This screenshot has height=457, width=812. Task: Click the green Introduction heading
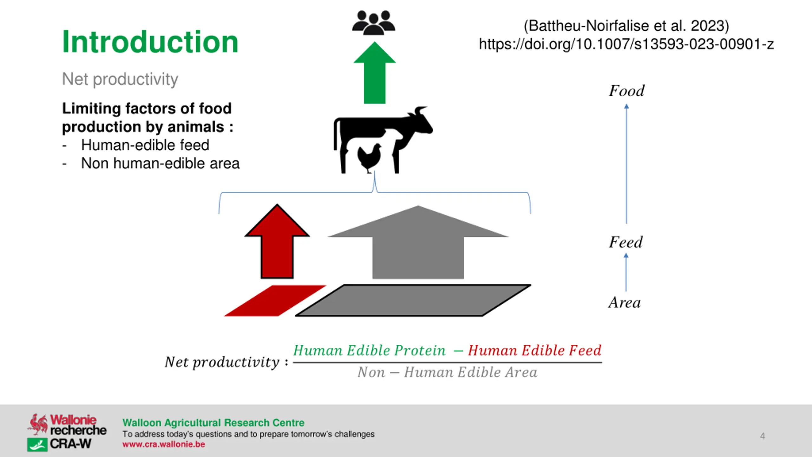(x=150, y=42)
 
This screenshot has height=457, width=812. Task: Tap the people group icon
(x=374, y=23)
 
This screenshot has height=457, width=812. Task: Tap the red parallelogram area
(x=275, y=301)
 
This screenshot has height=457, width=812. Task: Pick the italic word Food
(x=626, y=91)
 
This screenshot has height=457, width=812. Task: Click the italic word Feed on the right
(x=625, y=242)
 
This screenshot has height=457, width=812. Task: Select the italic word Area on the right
(x=625, y=302)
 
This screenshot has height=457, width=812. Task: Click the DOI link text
(x=626, y=44)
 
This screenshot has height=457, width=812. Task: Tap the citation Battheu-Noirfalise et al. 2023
(x=626, y=26)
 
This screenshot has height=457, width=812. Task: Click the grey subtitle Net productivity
(x=120, y=79)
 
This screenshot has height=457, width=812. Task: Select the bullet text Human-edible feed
(x=145, y=145)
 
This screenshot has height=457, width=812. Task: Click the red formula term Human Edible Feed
(x=534, y=351)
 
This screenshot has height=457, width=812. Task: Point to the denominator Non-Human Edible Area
(x=447, y=372)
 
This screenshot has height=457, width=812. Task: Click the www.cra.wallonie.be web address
(x=164, y=444)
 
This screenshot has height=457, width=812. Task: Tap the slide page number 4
(x=763, y=436)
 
